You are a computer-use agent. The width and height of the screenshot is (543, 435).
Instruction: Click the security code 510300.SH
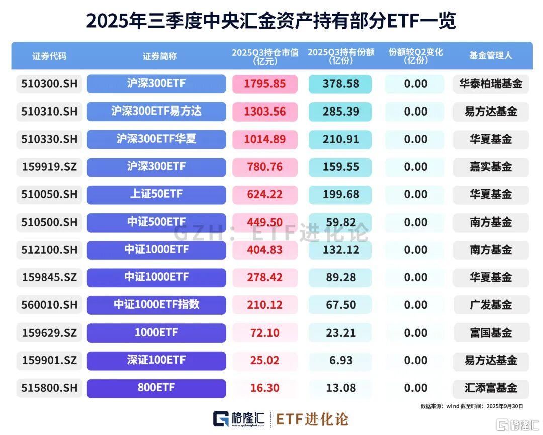click(49, 84)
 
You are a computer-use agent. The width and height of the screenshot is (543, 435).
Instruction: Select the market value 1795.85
click(264, 84)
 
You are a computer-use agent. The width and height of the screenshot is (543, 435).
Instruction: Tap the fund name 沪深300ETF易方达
click(156, 112)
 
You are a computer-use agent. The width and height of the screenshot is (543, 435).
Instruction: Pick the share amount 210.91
click(340, 139)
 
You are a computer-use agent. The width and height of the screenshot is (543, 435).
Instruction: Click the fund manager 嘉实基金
click(490, 167)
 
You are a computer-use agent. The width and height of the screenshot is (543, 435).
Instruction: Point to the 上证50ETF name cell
click(156, 194)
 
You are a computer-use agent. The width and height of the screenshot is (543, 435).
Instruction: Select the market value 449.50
click(264, 222)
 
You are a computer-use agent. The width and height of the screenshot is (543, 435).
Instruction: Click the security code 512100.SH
click(49, 250)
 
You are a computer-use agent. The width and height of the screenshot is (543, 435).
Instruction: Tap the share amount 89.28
click(340, 277)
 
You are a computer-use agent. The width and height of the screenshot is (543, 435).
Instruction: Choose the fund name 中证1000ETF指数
click(156, 305)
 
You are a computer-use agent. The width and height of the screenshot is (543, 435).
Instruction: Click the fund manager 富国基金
click(490, 333)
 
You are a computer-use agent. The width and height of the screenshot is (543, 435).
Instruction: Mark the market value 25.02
click(264, 360)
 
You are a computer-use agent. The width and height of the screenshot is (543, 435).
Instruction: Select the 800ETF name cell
click(156, 388)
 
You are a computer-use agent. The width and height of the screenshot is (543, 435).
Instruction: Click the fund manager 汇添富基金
click(490, 388)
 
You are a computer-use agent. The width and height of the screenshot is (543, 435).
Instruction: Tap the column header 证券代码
click(49, 56)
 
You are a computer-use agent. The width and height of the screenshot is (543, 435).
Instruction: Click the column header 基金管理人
click(490, 56)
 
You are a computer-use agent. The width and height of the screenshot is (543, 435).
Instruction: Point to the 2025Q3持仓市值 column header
click(264, 56)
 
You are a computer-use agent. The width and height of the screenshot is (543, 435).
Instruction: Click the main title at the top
click(271, 21)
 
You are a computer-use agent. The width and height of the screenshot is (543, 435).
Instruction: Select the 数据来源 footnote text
click(472, 406)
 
